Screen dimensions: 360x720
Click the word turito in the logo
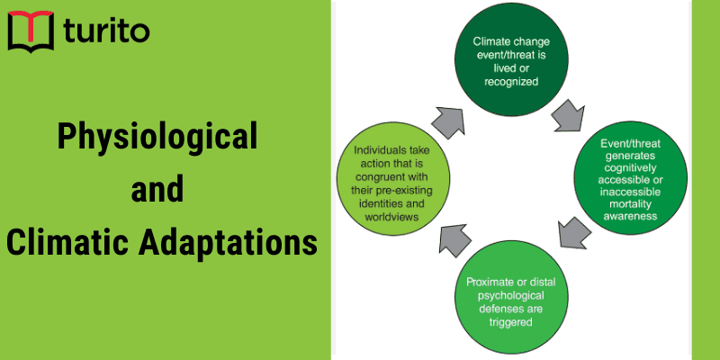coord(107,33)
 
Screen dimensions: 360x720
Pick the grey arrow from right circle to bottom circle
coord(570,233)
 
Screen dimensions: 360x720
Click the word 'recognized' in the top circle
coord(510,81)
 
